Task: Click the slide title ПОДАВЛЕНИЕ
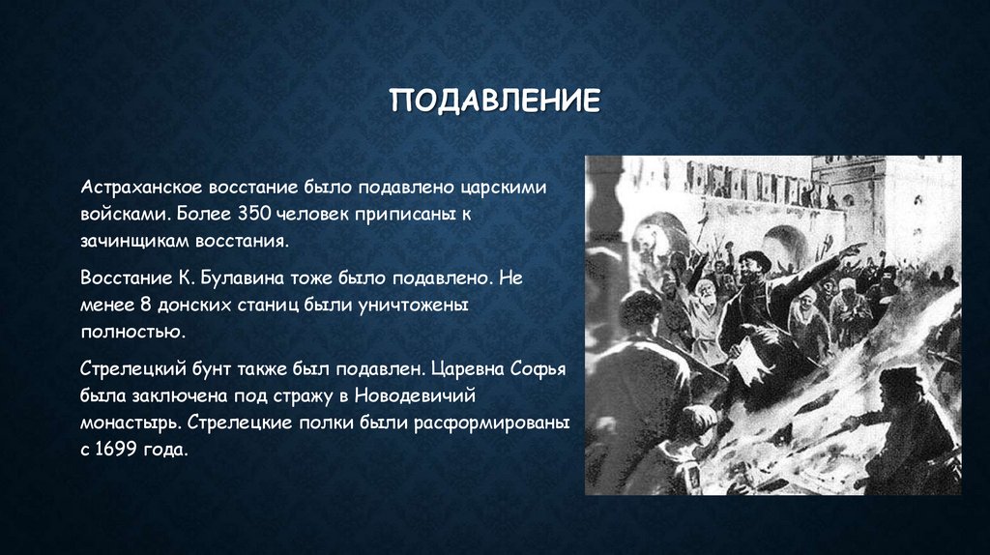click(x=495, y=102)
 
